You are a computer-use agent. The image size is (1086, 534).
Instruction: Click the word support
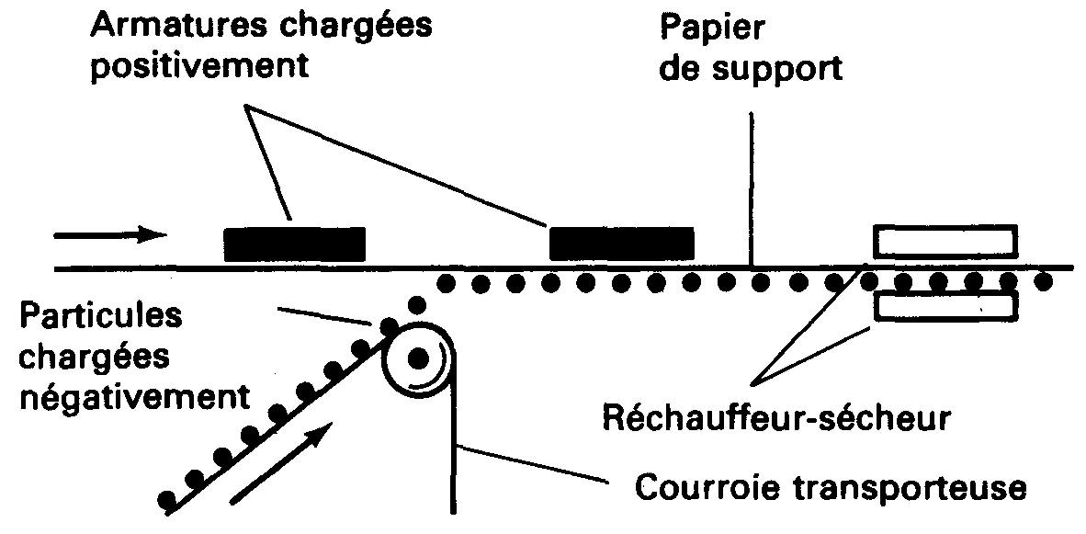click(780, 68)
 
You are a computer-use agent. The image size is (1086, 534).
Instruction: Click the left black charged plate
click(294, 243)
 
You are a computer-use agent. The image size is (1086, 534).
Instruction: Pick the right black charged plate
click(621, 242)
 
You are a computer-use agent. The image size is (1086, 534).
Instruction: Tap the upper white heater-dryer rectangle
click(945, 240)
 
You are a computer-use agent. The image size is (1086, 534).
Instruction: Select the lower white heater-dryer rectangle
click(945, 307)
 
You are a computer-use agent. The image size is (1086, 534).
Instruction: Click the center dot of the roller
click(418, 356)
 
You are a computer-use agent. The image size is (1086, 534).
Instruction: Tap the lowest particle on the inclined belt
click(167, 501)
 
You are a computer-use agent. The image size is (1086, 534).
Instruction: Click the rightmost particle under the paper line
click(1045, 281)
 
